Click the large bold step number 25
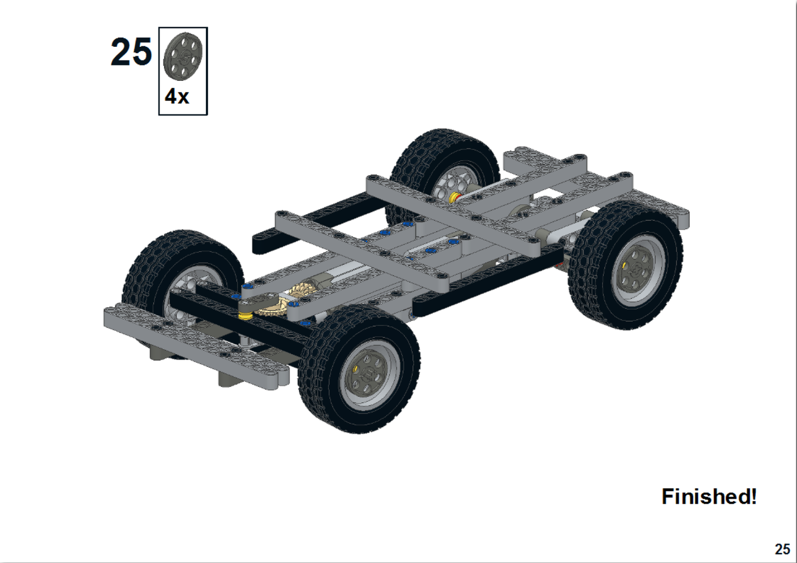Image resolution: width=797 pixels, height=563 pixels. (131, 53)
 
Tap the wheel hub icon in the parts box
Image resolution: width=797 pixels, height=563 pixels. (183, 57)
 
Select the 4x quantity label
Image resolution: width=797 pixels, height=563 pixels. (177, 97)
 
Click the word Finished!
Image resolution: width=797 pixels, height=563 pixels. (708, 496)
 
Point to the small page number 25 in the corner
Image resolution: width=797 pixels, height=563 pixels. (782, 549)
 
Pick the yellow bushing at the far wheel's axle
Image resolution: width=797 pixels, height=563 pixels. (455, 197)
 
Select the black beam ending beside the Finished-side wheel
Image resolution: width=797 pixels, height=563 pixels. (484, 286)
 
